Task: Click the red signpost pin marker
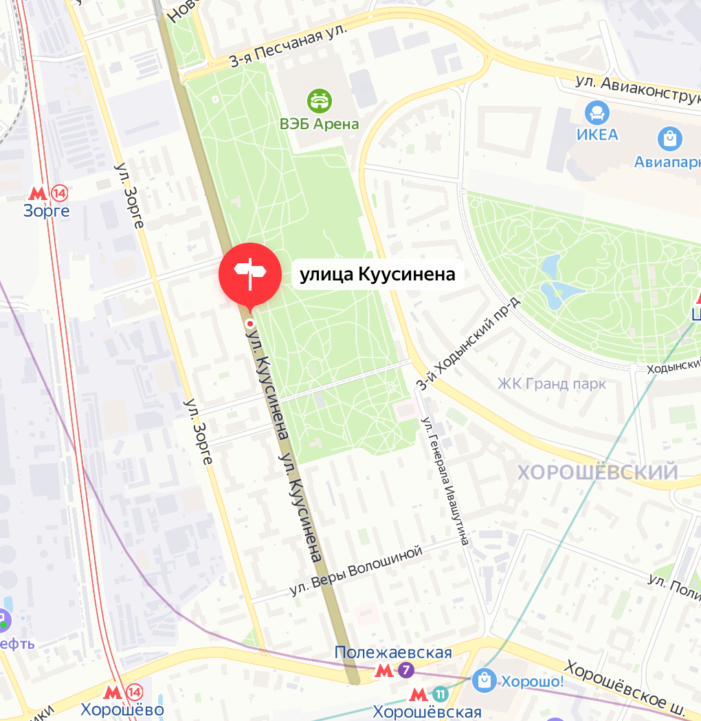(249, 273)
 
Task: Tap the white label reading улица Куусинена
(377, 275)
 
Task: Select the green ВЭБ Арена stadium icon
(320, 101)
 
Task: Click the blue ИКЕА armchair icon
(597, 113)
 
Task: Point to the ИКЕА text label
(597, 134)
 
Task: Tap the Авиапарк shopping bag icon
(669, 140)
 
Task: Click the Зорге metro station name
(47, 211)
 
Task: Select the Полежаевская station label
(393, 652)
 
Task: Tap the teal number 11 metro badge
(441, 694)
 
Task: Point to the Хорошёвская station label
(427, 711)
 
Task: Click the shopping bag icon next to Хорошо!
(484, 681)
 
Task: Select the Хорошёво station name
(122, 709)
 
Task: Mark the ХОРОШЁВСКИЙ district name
(597, 472)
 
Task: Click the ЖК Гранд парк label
(552, 384)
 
